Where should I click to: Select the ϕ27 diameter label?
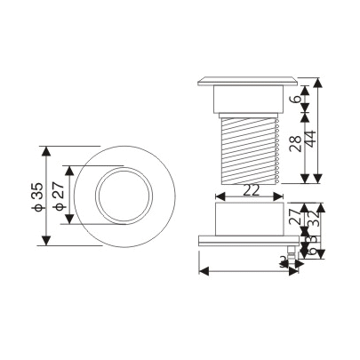point(58,196)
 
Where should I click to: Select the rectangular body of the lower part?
point(248,218)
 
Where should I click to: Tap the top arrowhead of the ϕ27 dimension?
point(66,166)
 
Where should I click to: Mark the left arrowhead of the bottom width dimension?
point(203,268)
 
